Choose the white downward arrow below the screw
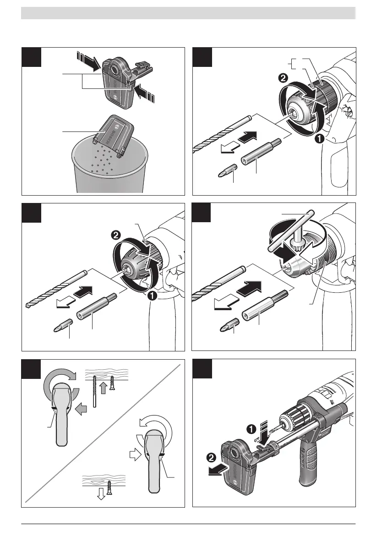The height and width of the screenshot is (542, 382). click(101, 496)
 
